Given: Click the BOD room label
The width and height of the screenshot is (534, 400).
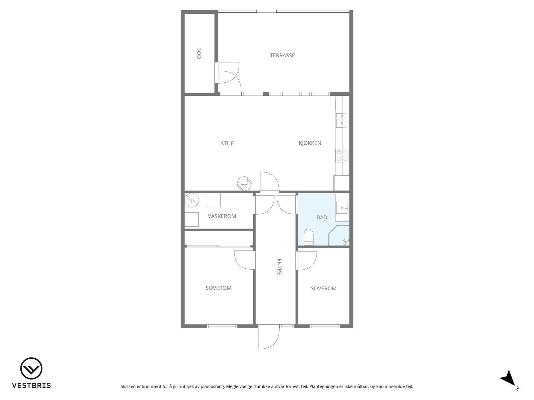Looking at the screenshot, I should pyautogui.click(x=199, y=53).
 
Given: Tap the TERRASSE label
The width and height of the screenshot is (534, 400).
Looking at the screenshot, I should pyautogui.click(x=282, y=55).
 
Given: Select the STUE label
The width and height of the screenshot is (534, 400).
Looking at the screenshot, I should pyautogui.click(x=227, y=143).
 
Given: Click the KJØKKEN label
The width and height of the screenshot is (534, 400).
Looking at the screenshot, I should pyautogui.click(x=310, y=143).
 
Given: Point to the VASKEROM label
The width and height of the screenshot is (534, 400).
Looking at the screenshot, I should pyautogui.click(x=222, y=216).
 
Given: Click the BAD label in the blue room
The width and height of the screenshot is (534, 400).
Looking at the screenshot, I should pyautogui.click(x=322, y=217).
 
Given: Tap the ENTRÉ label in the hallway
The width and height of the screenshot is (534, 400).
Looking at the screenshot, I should pyautogui.click(x=280, y=267).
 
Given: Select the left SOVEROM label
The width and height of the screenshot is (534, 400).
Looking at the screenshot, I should pyautogui.click(x=218, y=288).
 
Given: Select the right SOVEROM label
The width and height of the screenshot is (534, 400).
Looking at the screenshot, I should pyautogui.click(x=323, y=288).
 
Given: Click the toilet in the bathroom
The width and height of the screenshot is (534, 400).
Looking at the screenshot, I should pyautogui.click(x=309, y=237).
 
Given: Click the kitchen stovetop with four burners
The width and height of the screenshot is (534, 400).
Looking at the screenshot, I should pyautogui.click(x=342, y=155).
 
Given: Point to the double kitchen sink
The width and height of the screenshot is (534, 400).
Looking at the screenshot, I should pyautogui.click(x=342, y=120).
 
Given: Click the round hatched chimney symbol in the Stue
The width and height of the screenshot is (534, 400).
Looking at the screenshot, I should pyautogui.click(x=244, y=183).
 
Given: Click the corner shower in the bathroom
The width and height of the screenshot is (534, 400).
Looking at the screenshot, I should pyautogui.click(x=340, y=236).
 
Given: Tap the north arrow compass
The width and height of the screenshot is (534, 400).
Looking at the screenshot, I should pyautogui.click(x=509, y=379).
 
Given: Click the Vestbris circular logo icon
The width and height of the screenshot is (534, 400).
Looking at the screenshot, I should pyautogui.click(x=31, y=369).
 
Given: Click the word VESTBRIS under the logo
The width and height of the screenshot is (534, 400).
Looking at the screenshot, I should pyautogui.click(x=31, y=385).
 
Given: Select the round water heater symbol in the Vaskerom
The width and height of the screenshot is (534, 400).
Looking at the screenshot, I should pyautogui.click(x=192, y=200).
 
